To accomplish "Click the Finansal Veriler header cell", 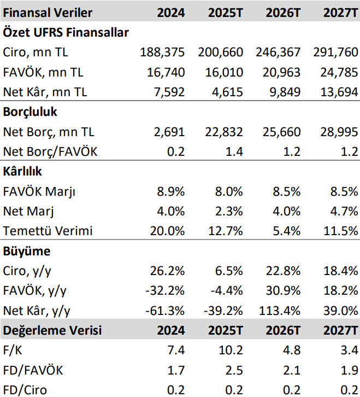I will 48,12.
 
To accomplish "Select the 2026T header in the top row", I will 282,12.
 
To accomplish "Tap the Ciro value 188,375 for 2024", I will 162,52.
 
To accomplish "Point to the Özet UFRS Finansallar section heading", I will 66,32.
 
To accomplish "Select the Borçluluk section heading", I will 31,112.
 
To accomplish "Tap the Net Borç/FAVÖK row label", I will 50,151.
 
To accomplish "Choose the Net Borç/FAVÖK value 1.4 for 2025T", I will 234,151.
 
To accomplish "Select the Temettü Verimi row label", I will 48,231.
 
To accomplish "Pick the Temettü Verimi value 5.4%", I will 287,231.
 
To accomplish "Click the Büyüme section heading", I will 27,251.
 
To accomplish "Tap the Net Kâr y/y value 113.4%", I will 280,311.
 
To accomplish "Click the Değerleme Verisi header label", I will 52,330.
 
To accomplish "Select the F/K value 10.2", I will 232,350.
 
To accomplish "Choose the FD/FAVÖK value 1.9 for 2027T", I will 348,370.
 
